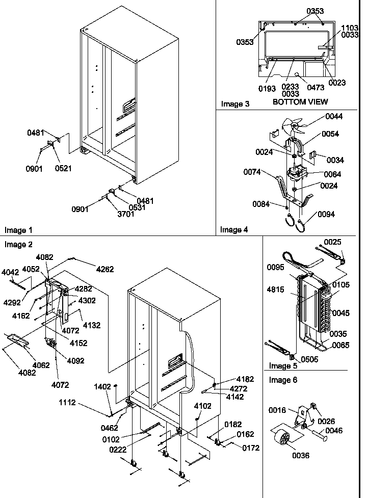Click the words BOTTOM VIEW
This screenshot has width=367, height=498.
pyautogui.click(x=300, y=101)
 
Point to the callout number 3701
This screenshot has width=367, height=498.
pyautogui.click(x=111, y=214)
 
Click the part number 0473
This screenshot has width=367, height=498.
pyautogui.click(x=316, y=88)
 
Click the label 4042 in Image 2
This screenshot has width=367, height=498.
pyautogui.click(x=11, y=272)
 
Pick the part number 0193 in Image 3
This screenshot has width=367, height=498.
pyautogui.click(x=267, y=89)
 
